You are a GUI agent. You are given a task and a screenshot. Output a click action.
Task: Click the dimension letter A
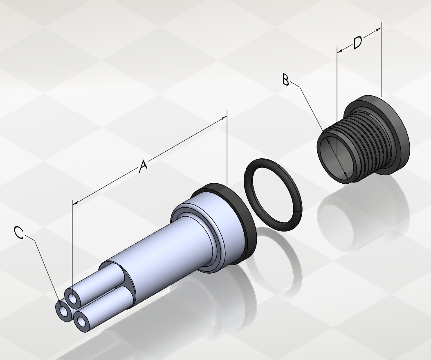(x=143, y=166)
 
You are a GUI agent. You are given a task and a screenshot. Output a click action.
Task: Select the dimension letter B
(x=286, y=79)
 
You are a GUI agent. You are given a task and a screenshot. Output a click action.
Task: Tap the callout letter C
(x=19, y=233)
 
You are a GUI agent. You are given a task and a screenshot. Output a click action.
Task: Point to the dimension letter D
(x=357, y=43)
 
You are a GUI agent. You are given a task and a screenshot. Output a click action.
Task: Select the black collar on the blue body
(x=236, y=220)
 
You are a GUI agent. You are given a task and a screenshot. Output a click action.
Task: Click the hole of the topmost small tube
(x=72, y=298)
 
